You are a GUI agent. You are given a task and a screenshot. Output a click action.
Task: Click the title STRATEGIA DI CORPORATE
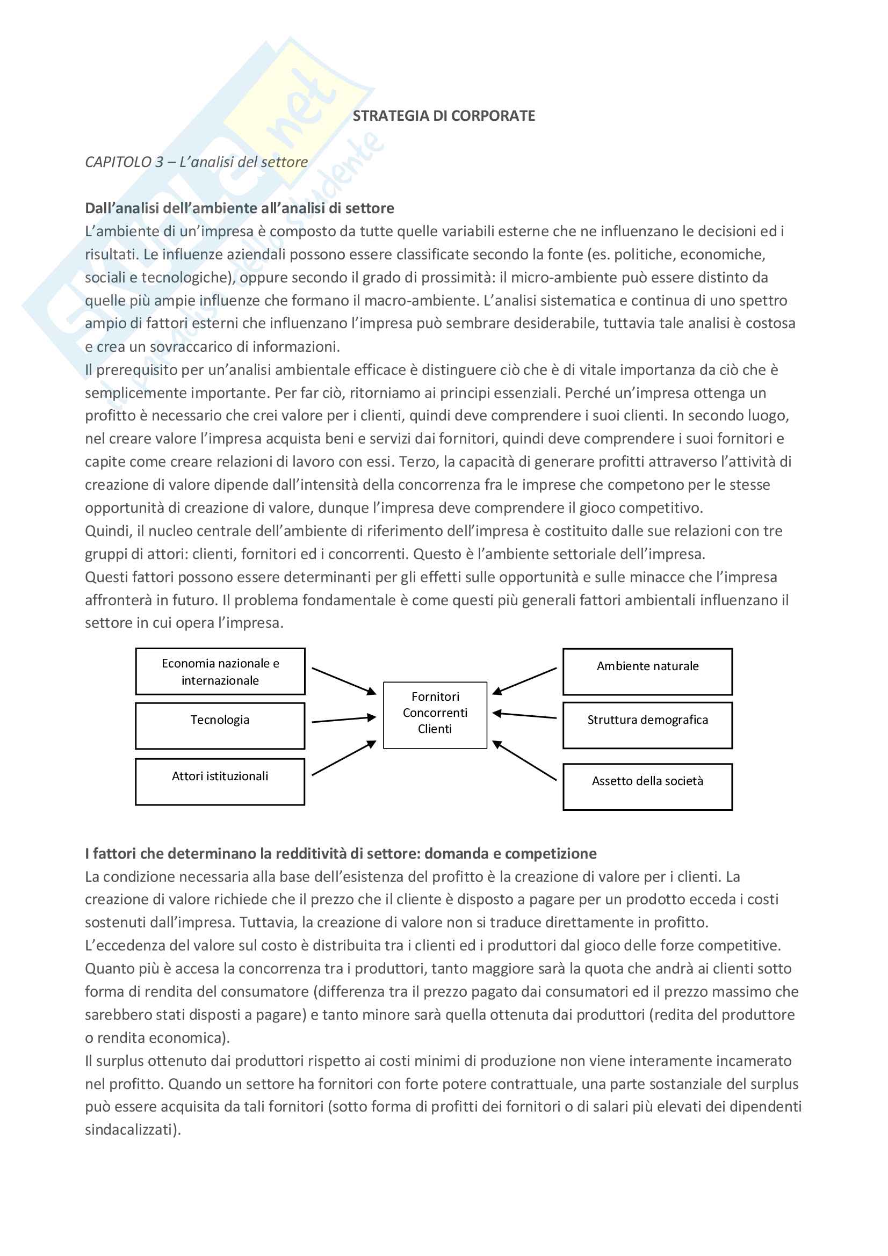point(444,116)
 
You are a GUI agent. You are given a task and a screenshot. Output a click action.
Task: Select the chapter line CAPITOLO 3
point(196,162)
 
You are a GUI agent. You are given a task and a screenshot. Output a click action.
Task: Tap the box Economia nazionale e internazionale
point(220,672)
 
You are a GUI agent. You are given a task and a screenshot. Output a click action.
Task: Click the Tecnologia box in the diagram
point(220,725)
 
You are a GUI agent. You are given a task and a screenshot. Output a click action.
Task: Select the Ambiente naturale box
point(647,672)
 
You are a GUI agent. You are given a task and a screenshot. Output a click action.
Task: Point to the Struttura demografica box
point(647,725)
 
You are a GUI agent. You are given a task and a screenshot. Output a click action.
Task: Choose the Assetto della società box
point(647,786)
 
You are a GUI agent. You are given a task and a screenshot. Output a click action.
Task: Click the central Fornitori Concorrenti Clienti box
point(435,715)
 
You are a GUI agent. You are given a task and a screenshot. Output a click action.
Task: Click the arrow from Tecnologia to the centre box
point(344,720)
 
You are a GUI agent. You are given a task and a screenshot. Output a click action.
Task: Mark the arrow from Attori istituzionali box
point(344,758)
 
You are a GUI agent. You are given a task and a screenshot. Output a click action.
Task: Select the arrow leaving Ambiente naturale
point(524,681)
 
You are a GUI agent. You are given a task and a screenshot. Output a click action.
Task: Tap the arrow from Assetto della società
point(524,760)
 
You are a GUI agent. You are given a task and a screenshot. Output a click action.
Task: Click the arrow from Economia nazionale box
point(344,681)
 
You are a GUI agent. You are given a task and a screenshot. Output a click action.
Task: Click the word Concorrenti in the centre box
point(435,713)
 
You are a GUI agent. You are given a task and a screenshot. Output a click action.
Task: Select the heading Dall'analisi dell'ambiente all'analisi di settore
point(239,208)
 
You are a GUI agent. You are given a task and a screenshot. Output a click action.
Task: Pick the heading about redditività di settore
point(340,853)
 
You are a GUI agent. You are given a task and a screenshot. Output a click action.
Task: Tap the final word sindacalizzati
point(132,1130)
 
